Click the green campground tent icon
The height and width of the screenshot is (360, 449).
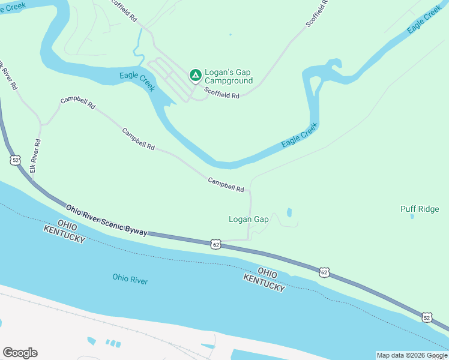tap(195, 75)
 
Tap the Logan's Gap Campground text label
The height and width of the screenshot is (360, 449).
tap(229, 76)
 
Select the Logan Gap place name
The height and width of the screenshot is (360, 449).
tap(249, 219)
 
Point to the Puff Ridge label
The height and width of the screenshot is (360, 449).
tap(420, 209)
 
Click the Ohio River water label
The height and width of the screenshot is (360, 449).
tap(130, 279)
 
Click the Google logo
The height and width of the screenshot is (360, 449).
tap(20, 353)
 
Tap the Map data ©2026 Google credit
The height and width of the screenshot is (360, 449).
tap(412, 355)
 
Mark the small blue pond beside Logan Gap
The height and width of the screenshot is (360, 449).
tap(289, 212)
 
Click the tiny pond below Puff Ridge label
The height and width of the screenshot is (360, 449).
tap(412, 217)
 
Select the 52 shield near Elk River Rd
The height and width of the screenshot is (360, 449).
tap(14, 160)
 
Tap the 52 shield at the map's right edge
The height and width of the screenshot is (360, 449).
tap(427, 316)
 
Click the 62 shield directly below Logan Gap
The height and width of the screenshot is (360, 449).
tap(216, 244)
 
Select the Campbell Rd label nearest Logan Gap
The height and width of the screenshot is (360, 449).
tap(226, 185)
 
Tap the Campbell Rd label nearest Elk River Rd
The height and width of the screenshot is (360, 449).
tap(77, 103)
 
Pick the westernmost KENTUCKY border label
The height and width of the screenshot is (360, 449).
tap(64, 235)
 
